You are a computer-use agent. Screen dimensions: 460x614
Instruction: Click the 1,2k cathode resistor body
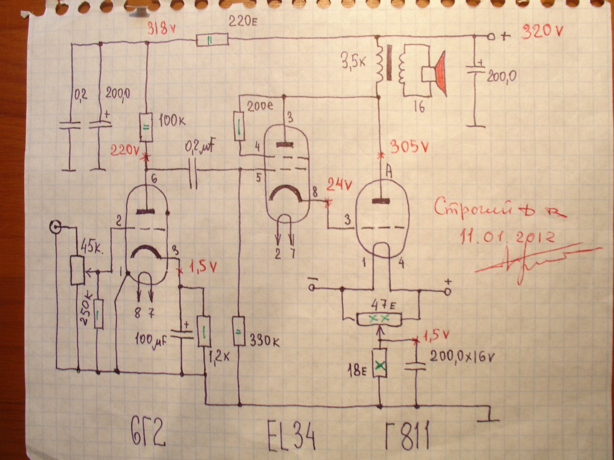coord(204,331)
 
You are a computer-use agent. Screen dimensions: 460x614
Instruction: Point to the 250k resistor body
coord(98,313)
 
